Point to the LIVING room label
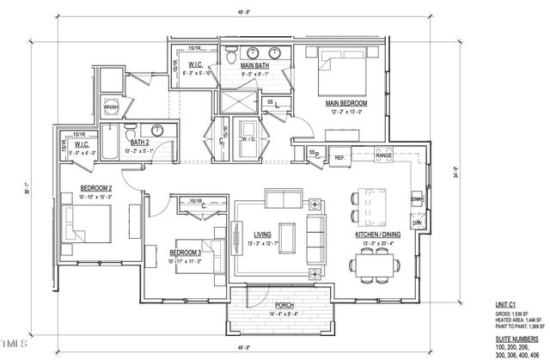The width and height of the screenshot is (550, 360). coord(263,234)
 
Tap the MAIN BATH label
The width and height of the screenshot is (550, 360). coord(257,65)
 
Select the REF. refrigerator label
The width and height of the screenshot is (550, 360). coord(339,157)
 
